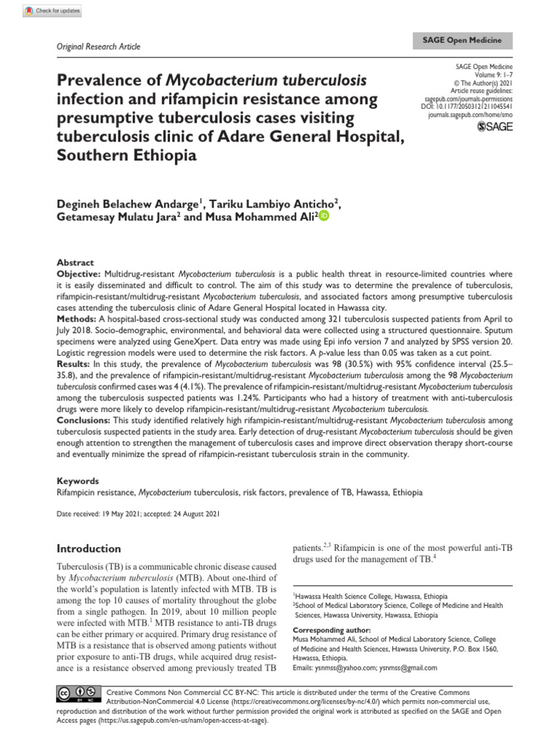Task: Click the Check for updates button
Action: coord(52,11)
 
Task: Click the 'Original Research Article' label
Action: coord(98,46)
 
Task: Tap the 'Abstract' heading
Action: coord(75,263)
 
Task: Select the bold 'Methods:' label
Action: coord(76,319)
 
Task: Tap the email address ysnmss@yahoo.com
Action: coord(346,668)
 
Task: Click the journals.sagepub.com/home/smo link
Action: coord(471,115)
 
